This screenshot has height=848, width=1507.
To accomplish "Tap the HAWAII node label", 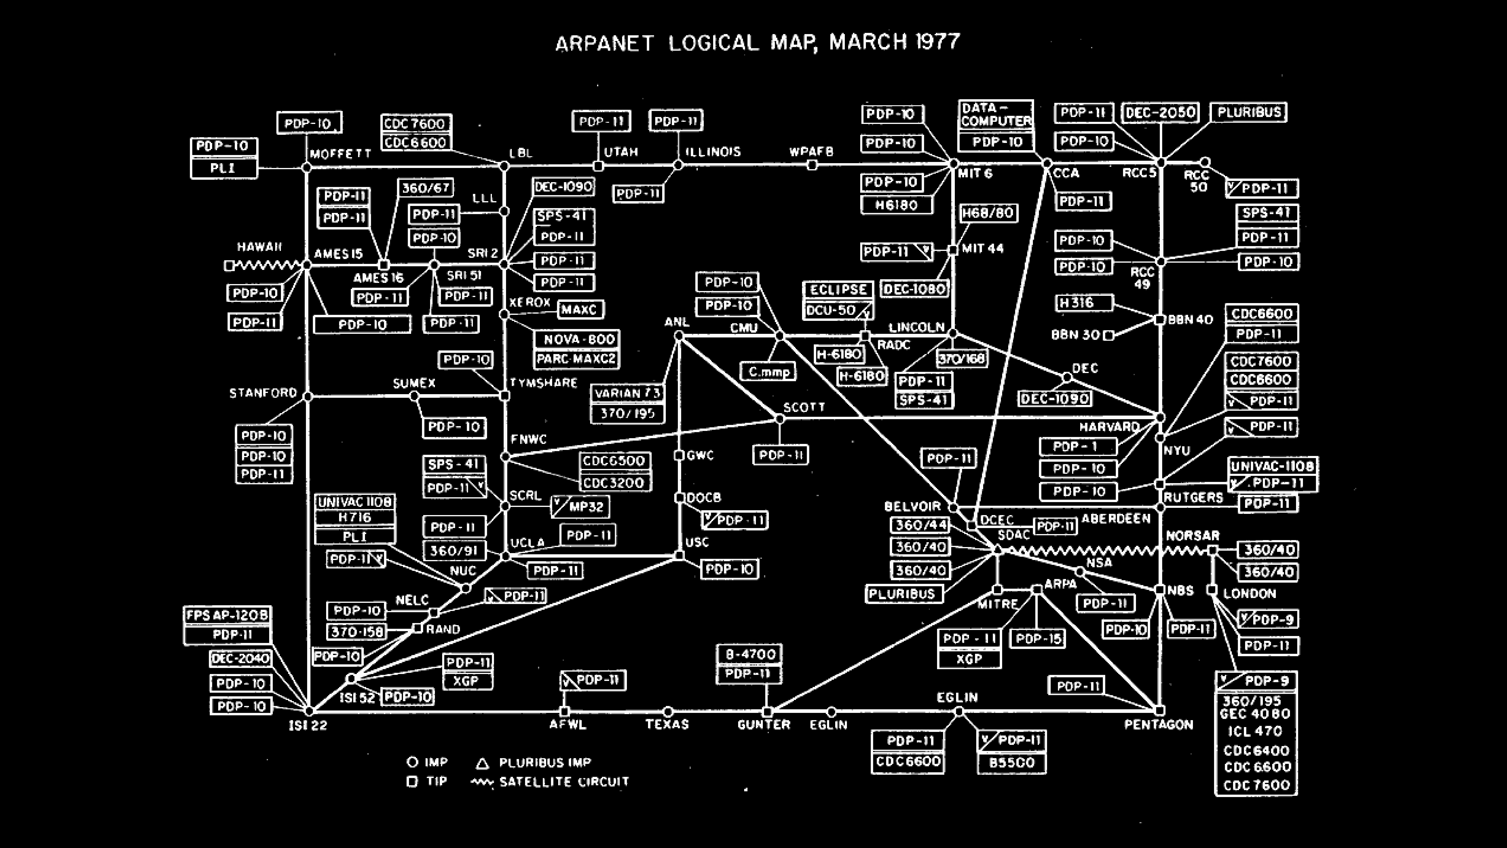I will tap(259, 247).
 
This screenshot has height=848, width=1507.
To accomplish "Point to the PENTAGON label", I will tap(1158, 725).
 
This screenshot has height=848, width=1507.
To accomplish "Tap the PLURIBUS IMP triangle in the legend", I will tap(482, 763).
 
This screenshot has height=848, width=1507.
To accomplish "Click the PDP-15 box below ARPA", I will tap(1038, 638).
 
